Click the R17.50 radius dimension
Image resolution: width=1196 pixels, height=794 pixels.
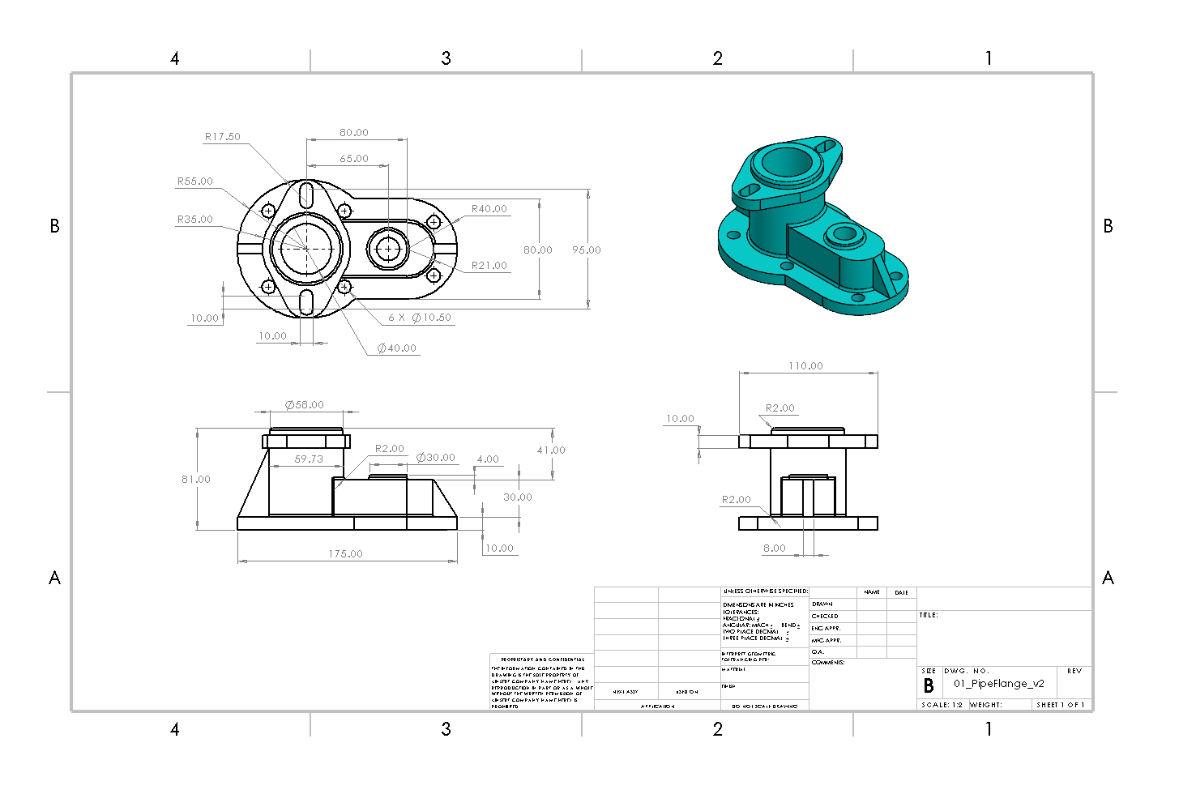click(222, 137)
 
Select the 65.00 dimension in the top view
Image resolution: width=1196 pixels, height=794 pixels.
click(354, 159)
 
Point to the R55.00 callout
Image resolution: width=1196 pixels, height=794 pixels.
click(195, 181)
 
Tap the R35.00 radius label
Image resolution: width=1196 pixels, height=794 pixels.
click(195, 220)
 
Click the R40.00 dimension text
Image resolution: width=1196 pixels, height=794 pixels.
click(489, 209)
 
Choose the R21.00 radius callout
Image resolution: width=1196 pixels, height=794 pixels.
click(489, 266)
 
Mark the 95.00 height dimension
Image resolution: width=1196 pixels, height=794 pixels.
click(587, 250)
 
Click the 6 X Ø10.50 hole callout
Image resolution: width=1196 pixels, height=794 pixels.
click(420, 318)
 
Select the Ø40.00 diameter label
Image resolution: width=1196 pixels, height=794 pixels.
click(397, 348)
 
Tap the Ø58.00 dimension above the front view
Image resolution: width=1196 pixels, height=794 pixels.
click(305, 405)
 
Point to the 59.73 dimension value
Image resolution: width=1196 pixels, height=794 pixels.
click(309, 459)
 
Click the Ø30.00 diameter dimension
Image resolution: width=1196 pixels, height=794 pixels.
click(436, 458)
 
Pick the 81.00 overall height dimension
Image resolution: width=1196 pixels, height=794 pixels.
click(196, 480)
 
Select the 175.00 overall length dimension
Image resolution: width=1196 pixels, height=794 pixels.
click(346, 554)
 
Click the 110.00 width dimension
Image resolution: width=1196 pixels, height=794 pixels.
click(806, 366)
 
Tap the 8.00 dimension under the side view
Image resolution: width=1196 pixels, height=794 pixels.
click(775, 549)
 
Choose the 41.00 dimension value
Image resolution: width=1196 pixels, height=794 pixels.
click(551, 450)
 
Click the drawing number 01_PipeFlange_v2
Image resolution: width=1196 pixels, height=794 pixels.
click(999, 684)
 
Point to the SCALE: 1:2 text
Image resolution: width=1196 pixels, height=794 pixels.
click(942, 705)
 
